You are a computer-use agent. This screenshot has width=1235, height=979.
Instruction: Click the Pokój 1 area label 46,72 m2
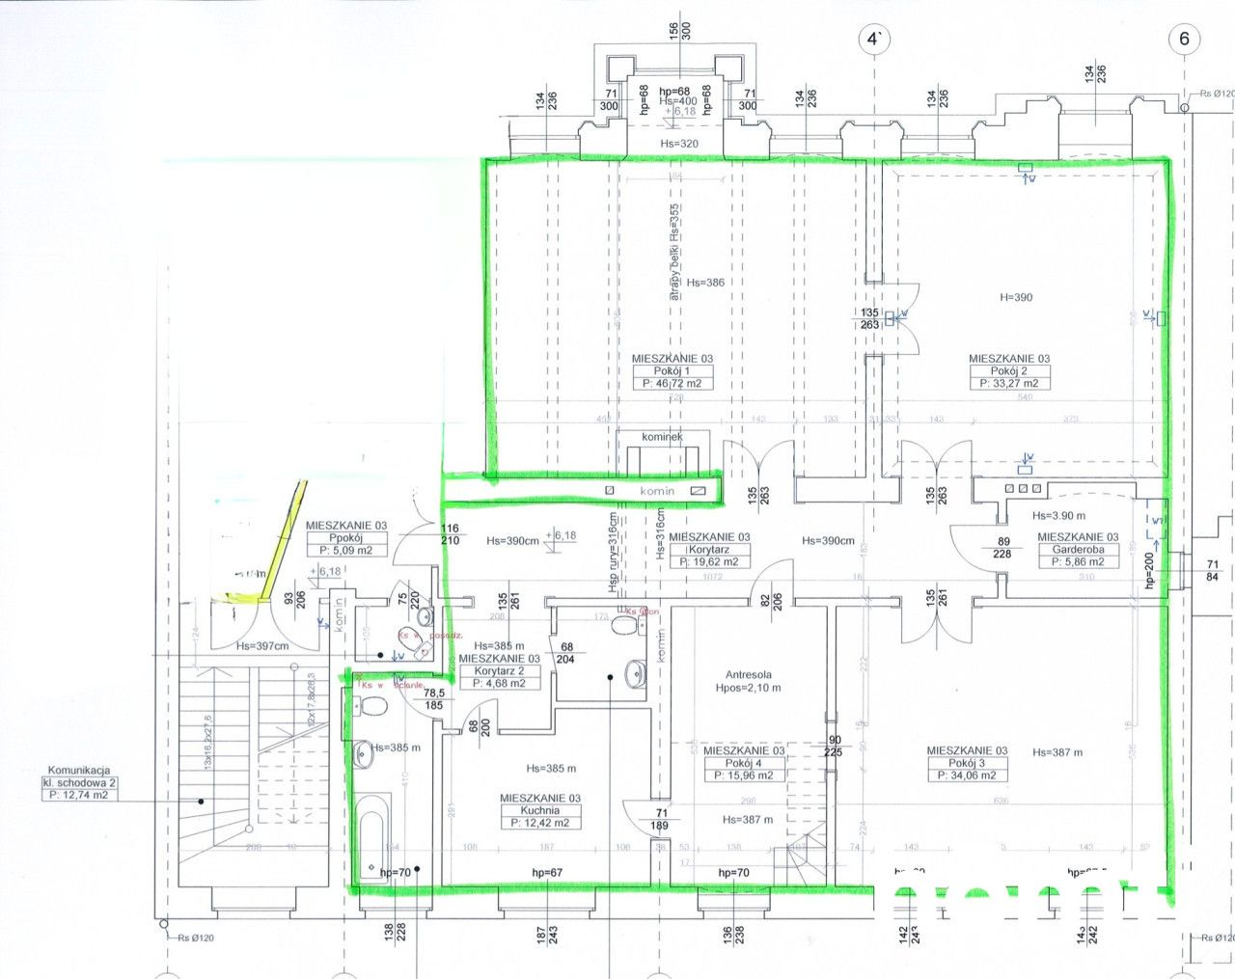pyautogui.click(x=672, y=383)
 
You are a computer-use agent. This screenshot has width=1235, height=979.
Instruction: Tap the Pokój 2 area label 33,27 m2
pyautogui.click(x=1009, y=384)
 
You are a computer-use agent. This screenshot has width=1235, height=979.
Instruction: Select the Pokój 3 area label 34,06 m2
pyautogui.click(x=967, y=775)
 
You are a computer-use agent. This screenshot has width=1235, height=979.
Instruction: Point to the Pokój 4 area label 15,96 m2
pyautogui.click(x=744, y=775)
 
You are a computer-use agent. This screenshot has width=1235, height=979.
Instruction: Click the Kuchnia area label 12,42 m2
pyautogui.click(x=540, y=823)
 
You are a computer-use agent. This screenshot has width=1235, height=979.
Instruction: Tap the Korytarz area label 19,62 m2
pyautogui.click(x=709, y=561)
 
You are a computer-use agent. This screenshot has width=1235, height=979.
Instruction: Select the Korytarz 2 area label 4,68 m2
pyautogui.click(x=499, y=683)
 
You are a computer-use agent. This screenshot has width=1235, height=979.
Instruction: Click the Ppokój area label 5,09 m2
pyautogui.click(x=345, y=551)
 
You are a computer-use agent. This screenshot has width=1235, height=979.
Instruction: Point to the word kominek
pyautogui.click(x=662, y=437)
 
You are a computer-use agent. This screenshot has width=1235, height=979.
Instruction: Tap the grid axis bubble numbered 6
pyautogui.click(x=1184, y=40)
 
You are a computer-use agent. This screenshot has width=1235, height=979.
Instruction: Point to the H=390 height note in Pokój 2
pyautogui.click(x=1015, y=297)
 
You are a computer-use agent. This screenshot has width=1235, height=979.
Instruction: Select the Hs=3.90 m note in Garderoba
pyautogui.click(x=1058, y=516)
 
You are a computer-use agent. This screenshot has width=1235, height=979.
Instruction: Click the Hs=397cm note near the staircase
pyautogui.click(x=262, y=645)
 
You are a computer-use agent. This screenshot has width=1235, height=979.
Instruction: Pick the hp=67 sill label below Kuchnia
pyautogui.click(x=547, y=873)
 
